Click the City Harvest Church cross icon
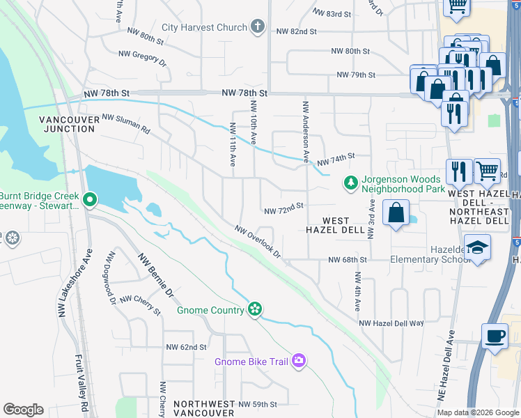point(258,27)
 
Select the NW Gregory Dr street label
point(143,58)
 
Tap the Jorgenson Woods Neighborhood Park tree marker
point(351,183)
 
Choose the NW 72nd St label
point(284,207)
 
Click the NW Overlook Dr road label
point(257,240)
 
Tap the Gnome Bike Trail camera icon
point(298,360)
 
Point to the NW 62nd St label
point(186,347)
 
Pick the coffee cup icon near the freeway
point(495,336)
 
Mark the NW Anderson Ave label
point(305,130)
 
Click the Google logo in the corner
point(23,410)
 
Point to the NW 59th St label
point(258,404)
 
